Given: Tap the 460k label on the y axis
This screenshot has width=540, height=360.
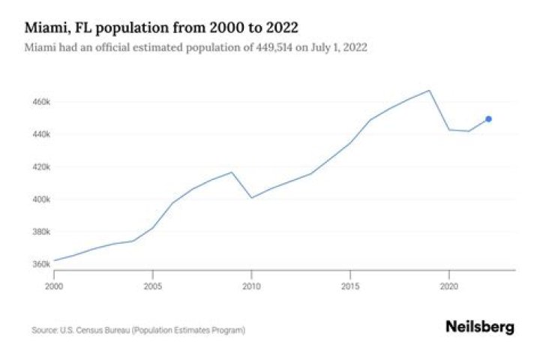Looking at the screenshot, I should click(x=40, y=102).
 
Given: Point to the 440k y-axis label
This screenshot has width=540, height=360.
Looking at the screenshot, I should click(x=40, y=134).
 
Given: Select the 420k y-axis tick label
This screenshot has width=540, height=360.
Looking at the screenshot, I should click(x=40, y=167).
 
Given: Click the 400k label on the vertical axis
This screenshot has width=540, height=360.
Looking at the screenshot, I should click(x=40, y=199).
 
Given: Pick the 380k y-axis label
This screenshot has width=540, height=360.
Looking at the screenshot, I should click(x=40, y=232).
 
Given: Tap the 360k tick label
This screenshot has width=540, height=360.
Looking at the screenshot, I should click(x=40, y=265).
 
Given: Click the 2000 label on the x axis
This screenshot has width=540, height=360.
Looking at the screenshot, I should click(x=54, y=286).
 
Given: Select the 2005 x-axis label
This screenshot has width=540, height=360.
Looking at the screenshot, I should click(x=152, y=286).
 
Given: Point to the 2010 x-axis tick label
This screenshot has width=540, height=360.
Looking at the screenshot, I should click(x=251, y=286).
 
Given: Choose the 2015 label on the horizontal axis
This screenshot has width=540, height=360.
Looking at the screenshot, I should click(x=349, y=286).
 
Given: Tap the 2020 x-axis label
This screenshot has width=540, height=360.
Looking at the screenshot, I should click(x=448, y=286).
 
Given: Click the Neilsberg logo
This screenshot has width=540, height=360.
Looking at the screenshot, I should click(x=480, y=327).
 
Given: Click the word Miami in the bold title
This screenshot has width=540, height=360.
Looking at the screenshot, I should click(x=43, y=28).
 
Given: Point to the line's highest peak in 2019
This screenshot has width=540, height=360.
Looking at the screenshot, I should click(x=429, y=91).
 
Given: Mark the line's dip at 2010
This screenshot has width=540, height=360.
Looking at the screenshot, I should click(x=251, y=197).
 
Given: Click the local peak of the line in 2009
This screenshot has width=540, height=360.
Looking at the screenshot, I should click(x=232, y=172).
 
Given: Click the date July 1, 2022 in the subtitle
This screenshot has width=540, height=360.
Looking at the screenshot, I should click(x=340, y=47).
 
